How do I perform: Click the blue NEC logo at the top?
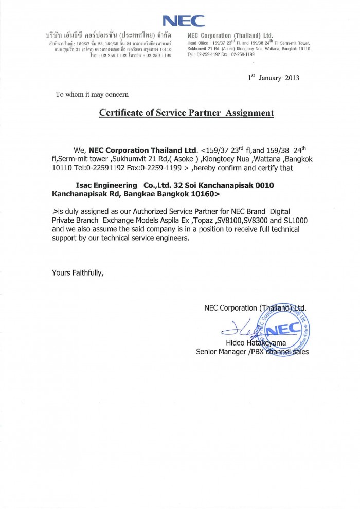tap(184, 21)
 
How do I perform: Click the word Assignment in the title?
tap(249, 113)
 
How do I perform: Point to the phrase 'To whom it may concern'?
tap(92, 94)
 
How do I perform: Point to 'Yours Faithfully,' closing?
tap(78, 272)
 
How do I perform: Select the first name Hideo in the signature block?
tap(236, 342)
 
